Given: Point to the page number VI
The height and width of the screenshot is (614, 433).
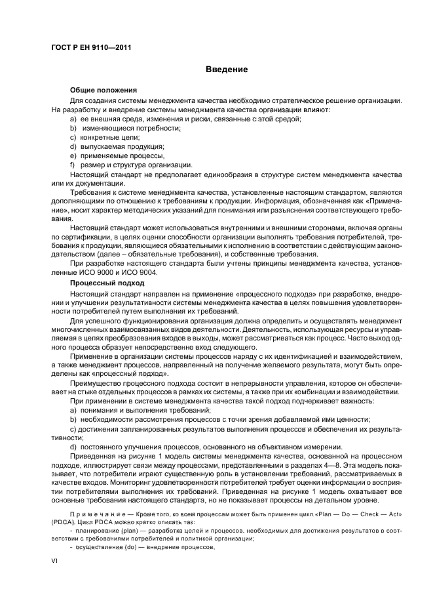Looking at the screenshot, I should tap(54, 562).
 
